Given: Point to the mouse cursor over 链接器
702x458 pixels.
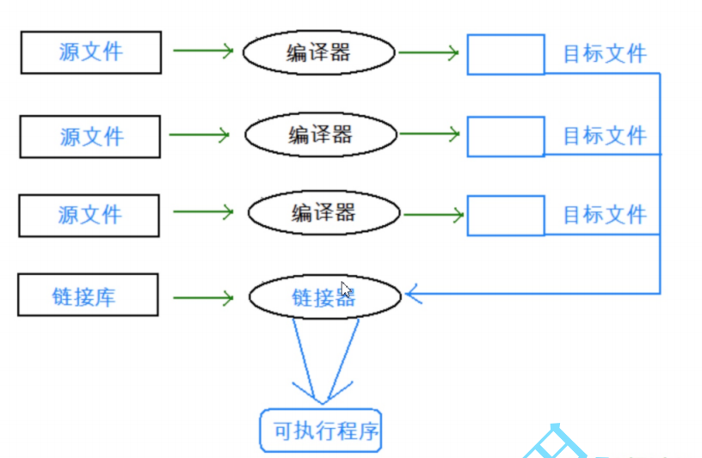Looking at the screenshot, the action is tap(346, 290).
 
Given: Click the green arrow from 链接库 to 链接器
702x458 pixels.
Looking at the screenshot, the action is tap(203, 298).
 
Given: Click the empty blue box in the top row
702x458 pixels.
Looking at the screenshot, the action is tap(506, 35).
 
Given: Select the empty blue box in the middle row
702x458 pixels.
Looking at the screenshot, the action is tap(506, 117).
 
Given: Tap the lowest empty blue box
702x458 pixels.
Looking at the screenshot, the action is tap(506, 196).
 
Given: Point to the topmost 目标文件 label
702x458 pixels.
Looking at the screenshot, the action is tap(605, 53).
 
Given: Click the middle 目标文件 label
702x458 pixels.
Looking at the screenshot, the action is tap(605, 136).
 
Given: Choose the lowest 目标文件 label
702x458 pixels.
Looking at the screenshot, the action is tap(605, 215).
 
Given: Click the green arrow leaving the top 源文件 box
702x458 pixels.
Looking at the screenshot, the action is tap(203, 51).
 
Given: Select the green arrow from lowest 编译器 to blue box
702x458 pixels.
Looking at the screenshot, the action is tap(434, 215).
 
